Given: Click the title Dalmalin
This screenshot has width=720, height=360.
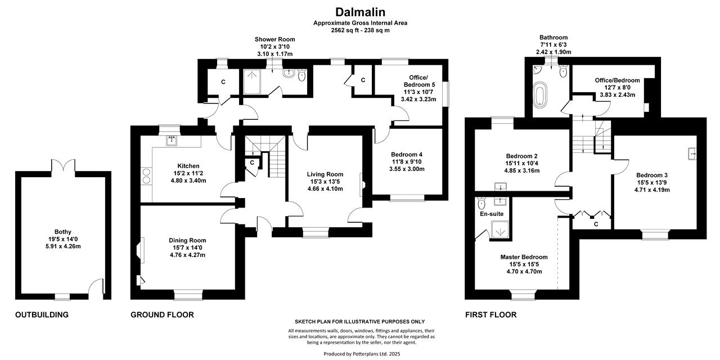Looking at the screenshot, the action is pyautogui.click(x=360, y=12).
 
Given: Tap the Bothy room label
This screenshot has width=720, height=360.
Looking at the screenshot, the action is pyautogui.click(x=62, y=232).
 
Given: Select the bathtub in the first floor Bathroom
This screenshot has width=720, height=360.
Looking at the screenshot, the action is pyautogui.click(x=539, y=94).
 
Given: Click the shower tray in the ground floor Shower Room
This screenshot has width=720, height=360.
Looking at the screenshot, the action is pyautogui.click(x=251, y=82).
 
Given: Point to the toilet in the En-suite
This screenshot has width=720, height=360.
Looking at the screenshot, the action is pyautogui.click(x=481, y=203).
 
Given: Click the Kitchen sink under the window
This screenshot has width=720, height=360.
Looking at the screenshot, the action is pyautogui.click(x=172, y=141).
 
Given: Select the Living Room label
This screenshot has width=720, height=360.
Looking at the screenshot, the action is pyautogui.click(x=325, y=174).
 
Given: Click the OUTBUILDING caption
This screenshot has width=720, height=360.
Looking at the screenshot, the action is pyautogui.click(x=42, y=314).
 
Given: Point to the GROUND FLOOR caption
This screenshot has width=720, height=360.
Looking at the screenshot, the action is pyautogui.click(x=162, y=314).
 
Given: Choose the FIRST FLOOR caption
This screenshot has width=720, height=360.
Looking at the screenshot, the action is pyautogui.click(x=491, y=314).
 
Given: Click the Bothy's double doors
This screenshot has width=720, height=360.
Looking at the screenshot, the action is pyautogui.click(x=63, y=166).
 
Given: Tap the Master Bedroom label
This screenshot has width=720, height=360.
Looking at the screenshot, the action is pyautogui.click(x=524, y=257).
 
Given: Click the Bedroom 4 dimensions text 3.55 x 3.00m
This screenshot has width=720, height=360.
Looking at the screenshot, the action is pyautogui.click(x=407, y=169).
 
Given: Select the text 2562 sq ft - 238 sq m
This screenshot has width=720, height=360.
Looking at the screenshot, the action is pyautogui.click(x=360, y=30).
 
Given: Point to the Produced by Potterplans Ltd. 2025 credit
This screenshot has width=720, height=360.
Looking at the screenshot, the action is pyautogui.click(x=362, y=354).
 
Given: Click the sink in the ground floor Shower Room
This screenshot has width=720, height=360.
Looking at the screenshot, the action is pyautogui.click(x=289, y=73).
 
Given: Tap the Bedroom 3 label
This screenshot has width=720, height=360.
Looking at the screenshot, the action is pyautogui.click(x=652, y=175).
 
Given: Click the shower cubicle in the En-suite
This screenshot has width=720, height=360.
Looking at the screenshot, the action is pyautogui.click(x=500, y=230).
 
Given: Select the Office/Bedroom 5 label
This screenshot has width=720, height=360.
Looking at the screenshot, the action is pyautogui.click(x=419, y=81).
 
